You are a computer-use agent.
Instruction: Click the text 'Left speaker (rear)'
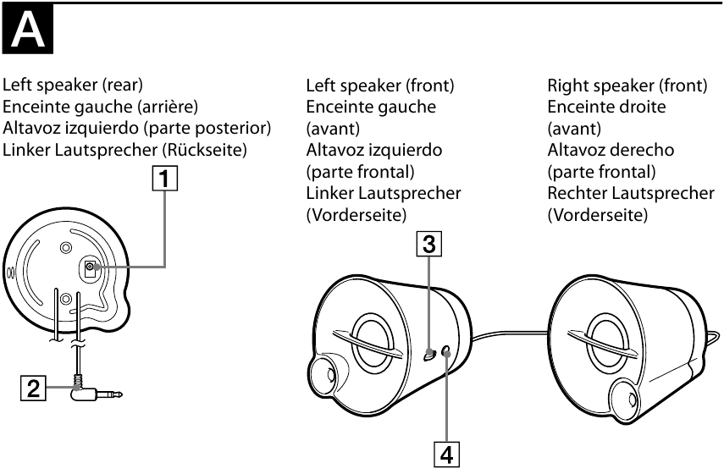tap(73, 85)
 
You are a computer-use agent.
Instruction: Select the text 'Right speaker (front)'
tap(627, 85)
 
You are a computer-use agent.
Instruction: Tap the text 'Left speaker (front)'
tap(380, 85)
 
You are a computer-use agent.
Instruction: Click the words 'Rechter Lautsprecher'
tap(631, 193)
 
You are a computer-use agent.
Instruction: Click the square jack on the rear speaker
tap(91, 269)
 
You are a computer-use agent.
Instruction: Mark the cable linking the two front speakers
tap(508, 333)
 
